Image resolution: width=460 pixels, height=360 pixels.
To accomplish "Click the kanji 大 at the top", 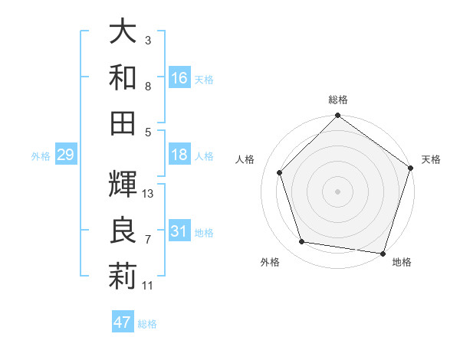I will [x=123, y=32].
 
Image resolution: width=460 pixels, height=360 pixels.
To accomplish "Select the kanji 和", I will [x=123, y=77].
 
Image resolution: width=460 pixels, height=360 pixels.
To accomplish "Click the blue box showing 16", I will [x=179, y=78].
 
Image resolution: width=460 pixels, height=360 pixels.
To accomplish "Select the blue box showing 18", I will [x=179, y=155].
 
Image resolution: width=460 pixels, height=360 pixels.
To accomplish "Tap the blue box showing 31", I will [x=179, y=231].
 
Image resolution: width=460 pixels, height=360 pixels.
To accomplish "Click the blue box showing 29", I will [x=65, y=155].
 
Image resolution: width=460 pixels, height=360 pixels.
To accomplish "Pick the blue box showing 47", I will [x=123, y=322].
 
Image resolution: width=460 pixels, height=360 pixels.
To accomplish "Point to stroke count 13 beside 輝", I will [x=148, y=194].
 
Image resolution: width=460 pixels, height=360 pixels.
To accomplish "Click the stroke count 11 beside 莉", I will [x=148, y=286].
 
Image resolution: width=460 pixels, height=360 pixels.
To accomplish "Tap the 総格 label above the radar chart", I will [x=338, y=100].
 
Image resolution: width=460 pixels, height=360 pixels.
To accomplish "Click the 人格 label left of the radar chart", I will [x=245, y=159].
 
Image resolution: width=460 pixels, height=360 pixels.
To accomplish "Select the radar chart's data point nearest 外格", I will [x=302, y=242].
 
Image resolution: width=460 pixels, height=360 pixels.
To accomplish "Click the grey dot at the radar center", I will [x=338, y=191].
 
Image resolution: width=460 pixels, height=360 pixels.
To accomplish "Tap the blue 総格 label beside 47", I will [x=147, y=324].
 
